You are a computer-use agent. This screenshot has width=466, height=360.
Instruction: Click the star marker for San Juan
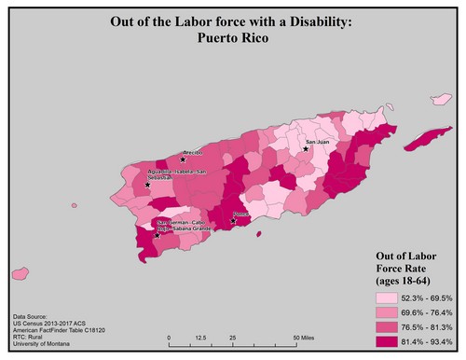click(305, 148)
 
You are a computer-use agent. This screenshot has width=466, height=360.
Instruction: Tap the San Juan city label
click(318, 142)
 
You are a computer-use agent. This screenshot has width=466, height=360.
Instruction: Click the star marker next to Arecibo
click(183, 159)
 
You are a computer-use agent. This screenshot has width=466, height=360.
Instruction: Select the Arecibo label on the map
click(193, 150)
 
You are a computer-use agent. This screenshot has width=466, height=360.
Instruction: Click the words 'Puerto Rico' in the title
click(232, 39)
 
